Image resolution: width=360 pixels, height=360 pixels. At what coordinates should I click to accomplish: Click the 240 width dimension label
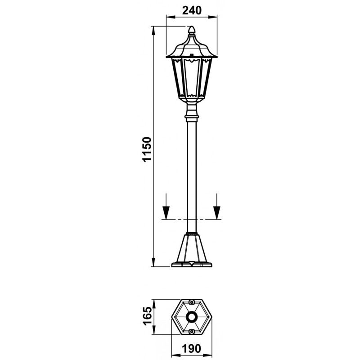click(192, 10)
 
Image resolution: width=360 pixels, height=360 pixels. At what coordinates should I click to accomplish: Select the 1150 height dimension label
click(147, 149)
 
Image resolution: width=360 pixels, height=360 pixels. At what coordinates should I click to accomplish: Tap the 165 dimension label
click(147, 316)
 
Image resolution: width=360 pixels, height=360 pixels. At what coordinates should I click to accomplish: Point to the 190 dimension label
click(192, 348)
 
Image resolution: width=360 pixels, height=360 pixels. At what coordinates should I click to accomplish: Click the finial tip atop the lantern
click(192, 27)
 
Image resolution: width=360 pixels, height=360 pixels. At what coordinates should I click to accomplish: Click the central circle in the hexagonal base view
click(192, 317)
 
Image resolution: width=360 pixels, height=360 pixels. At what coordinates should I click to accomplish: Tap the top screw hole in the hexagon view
click(192, 302)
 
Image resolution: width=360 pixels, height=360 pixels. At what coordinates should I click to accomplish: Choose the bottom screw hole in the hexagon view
click(192, 332)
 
